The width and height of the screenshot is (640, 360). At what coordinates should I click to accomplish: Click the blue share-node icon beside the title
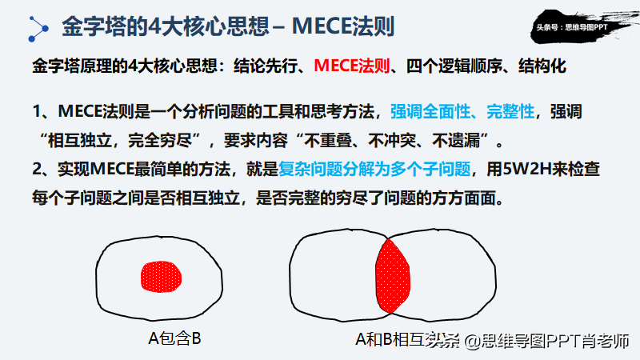[x=36, y=26]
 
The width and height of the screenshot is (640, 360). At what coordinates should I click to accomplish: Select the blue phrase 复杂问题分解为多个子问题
[x=375, y=170]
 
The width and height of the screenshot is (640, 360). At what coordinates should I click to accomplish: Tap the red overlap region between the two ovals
[x=394, y=276]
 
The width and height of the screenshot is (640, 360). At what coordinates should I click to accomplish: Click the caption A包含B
[x=174, y=338]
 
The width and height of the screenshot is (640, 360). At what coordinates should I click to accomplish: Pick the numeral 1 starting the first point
[x=38, y=113]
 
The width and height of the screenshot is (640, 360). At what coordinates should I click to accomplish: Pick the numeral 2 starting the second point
[x=38, y=171]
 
